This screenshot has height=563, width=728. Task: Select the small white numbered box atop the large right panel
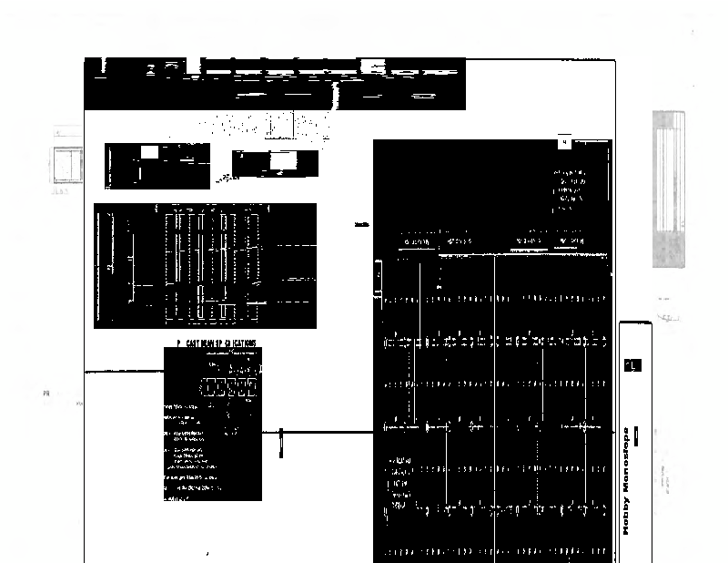(564, 142)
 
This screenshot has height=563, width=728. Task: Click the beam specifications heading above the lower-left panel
(217, 343)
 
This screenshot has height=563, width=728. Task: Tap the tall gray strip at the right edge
(668, 188)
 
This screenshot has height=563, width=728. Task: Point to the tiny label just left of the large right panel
(362, 225)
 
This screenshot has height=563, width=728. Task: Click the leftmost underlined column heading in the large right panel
(417, 242)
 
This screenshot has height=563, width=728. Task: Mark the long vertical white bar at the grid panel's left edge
(109, 264)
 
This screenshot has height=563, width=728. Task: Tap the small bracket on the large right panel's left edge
(379, 279)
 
